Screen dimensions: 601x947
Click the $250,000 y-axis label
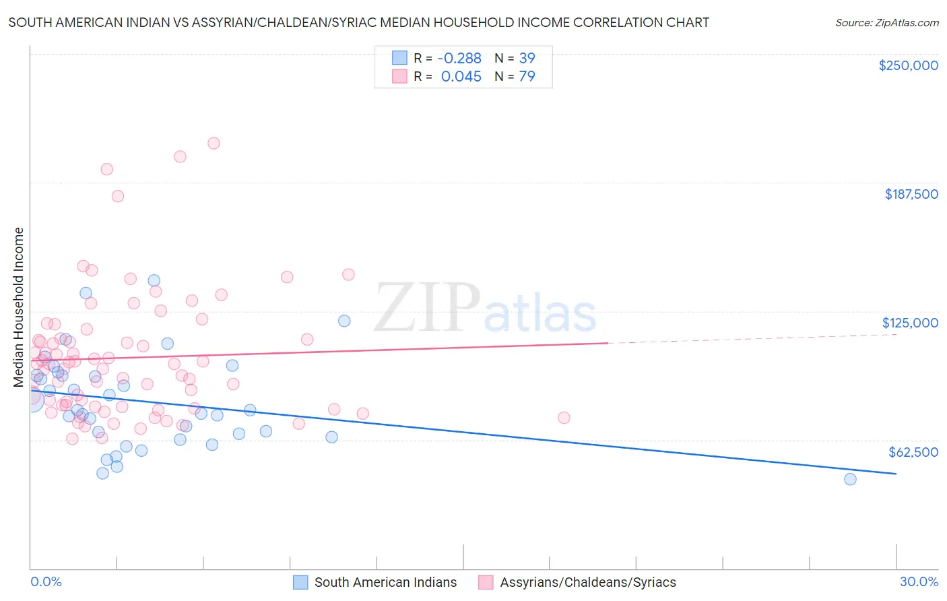[x=908, y=65]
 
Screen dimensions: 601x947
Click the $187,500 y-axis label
[x=911, y=194]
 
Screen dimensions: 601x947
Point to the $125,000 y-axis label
[x=910, y=323]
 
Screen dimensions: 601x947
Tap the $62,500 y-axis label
[x=913, y=452]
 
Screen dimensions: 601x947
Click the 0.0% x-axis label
[x=46, y=581]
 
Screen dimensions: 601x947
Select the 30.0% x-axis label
[x=919, y=581]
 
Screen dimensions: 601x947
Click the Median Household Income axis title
[x=19, y=307]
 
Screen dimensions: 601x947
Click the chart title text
[x=358, y=22]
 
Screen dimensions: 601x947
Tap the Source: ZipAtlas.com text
[x=886, y=22]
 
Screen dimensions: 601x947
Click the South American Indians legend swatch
[x=300, y=582]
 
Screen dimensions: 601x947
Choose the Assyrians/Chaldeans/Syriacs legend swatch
[x=486, y=582]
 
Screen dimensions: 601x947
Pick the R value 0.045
[x=461, y=77]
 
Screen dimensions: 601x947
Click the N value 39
[x=527, y=58]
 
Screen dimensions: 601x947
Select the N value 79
[x=527, y=77]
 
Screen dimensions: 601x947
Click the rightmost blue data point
[x=850, y=479]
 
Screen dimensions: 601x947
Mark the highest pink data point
[x=214, y=143]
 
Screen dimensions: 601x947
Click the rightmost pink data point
[x=564, y=418]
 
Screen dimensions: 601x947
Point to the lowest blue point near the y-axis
[x=102, y=473]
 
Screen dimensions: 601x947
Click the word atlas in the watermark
[x=540, y=314]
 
